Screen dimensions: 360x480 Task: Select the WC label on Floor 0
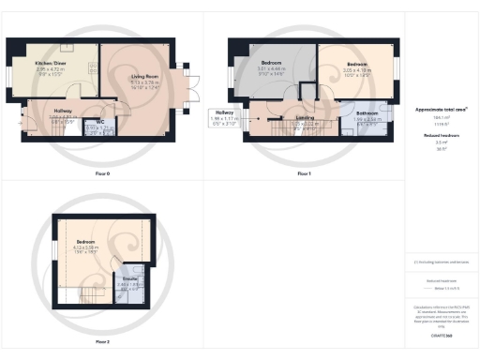click(x=100, y=121)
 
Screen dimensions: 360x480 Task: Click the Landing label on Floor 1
click(x=305, y=117)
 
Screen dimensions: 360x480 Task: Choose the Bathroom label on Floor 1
click(x=367, y=113)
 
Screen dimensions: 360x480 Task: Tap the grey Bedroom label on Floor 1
click(x=272, y=63)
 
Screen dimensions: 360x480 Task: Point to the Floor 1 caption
click(x=304, y=174)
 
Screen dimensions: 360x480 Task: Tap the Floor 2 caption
click(x=101, y=341)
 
